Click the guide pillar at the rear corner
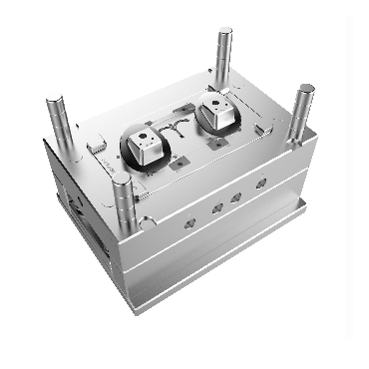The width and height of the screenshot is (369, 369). (222, 50)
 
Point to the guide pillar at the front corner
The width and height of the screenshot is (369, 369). (123, 204)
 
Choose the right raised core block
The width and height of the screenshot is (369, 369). (217, 111)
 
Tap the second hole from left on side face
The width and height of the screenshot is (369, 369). (215, 207)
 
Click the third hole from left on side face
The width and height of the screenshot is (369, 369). (236, 196)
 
